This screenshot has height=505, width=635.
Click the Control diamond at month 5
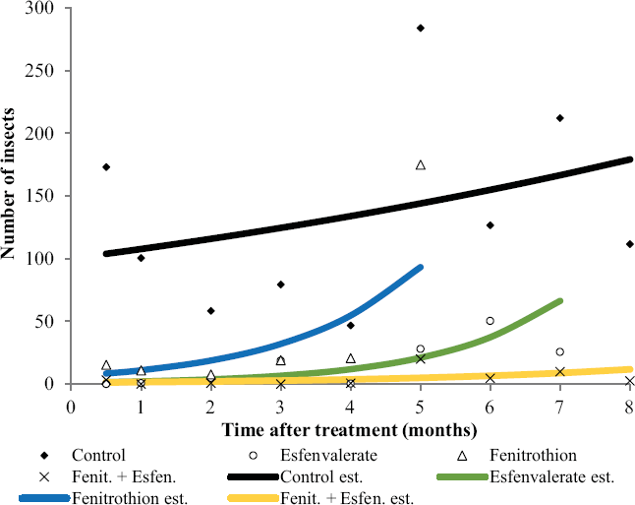pos(421,28)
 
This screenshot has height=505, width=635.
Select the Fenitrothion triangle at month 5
pos(421,165)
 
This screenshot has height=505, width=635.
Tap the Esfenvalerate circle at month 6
pos(491,321)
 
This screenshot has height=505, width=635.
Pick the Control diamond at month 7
pos(560,118)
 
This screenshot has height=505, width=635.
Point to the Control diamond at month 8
pos(630,244)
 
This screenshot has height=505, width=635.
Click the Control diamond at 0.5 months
pos(106,167)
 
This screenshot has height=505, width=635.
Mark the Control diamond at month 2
pos(210,311)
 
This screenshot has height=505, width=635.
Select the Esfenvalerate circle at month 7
pos(560,351)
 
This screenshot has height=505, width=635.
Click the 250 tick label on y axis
pos(39,71)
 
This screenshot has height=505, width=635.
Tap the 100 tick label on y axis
pos(39,258)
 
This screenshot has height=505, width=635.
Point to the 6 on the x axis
pos(491,407)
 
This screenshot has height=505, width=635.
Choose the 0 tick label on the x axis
pos(71,407)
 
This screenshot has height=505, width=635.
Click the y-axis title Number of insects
pos(8,183)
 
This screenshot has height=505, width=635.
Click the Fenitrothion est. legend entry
pos(103,498)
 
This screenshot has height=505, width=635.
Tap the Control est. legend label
pos(321,476)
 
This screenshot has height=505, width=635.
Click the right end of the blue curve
pos(421,268)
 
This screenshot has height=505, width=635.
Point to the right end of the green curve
pos(560,301)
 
